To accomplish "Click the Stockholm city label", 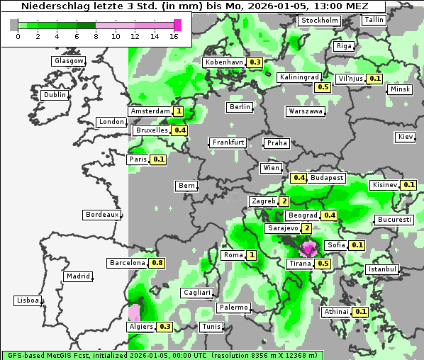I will (x=319, y=21).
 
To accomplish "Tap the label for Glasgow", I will (x=69, y=61).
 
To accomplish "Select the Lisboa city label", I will (x=27, y=300).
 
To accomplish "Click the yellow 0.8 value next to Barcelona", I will (x=157, y=263).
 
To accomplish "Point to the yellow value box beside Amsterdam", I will (x=179, y=111).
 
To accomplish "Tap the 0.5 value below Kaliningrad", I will (x=323, y=87).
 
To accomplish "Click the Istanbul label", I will (x=383, y=269).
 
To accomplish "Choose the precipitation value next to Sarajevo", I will (x=306, y=228).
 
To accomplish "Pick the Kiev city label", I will (x=406, y=136).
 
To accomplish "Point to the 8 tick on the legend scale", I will (x=96, y=36).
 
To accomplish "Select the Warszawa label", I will (x=306, y=111).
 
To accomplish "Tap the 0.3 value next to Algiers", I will (x=165, y=327).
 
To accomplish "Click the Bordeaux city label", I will (x=101, y=214).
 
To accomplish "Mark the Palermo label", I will (x=233, y=308).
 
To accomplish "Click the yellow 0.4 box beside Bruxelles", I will (x=180, y=130).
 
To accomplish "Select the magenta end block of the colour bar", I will (x=178, y=25).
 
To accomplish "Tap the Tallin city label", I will (x=373, y=20).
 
